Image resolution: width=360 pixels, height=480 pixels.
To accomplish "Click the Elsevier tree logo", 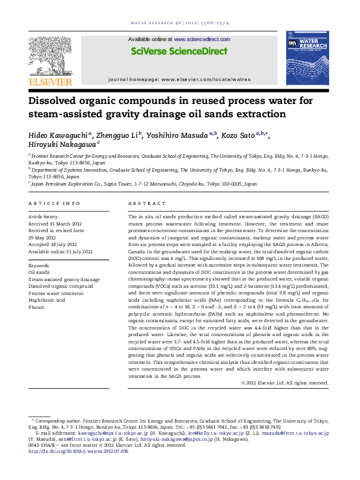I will pos(50,56).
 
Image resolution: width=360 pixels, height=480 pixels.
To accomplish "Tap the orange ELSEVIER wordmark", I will pos(50,82).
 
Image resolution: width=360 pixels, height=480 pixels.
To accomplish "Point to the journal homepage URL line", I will pos(179,79).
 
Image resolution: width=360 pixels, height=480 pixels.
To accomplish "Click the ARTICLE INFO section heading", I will pos(51,204).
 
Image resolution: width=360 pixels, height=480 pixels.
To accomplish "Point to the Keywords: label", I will pos(39,265).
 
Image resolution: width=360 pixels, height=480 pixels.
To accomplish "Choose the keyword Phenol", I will pos(36,307).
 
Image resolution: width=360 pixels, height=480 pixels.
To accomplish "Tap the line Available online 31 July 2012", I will pos(61,251).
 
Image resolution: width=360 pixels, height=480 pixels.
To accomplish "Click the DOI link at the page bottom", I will pos(79,451).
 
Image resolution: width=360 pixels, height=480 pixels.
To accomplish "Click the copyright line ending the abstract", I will pos(285,382).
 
